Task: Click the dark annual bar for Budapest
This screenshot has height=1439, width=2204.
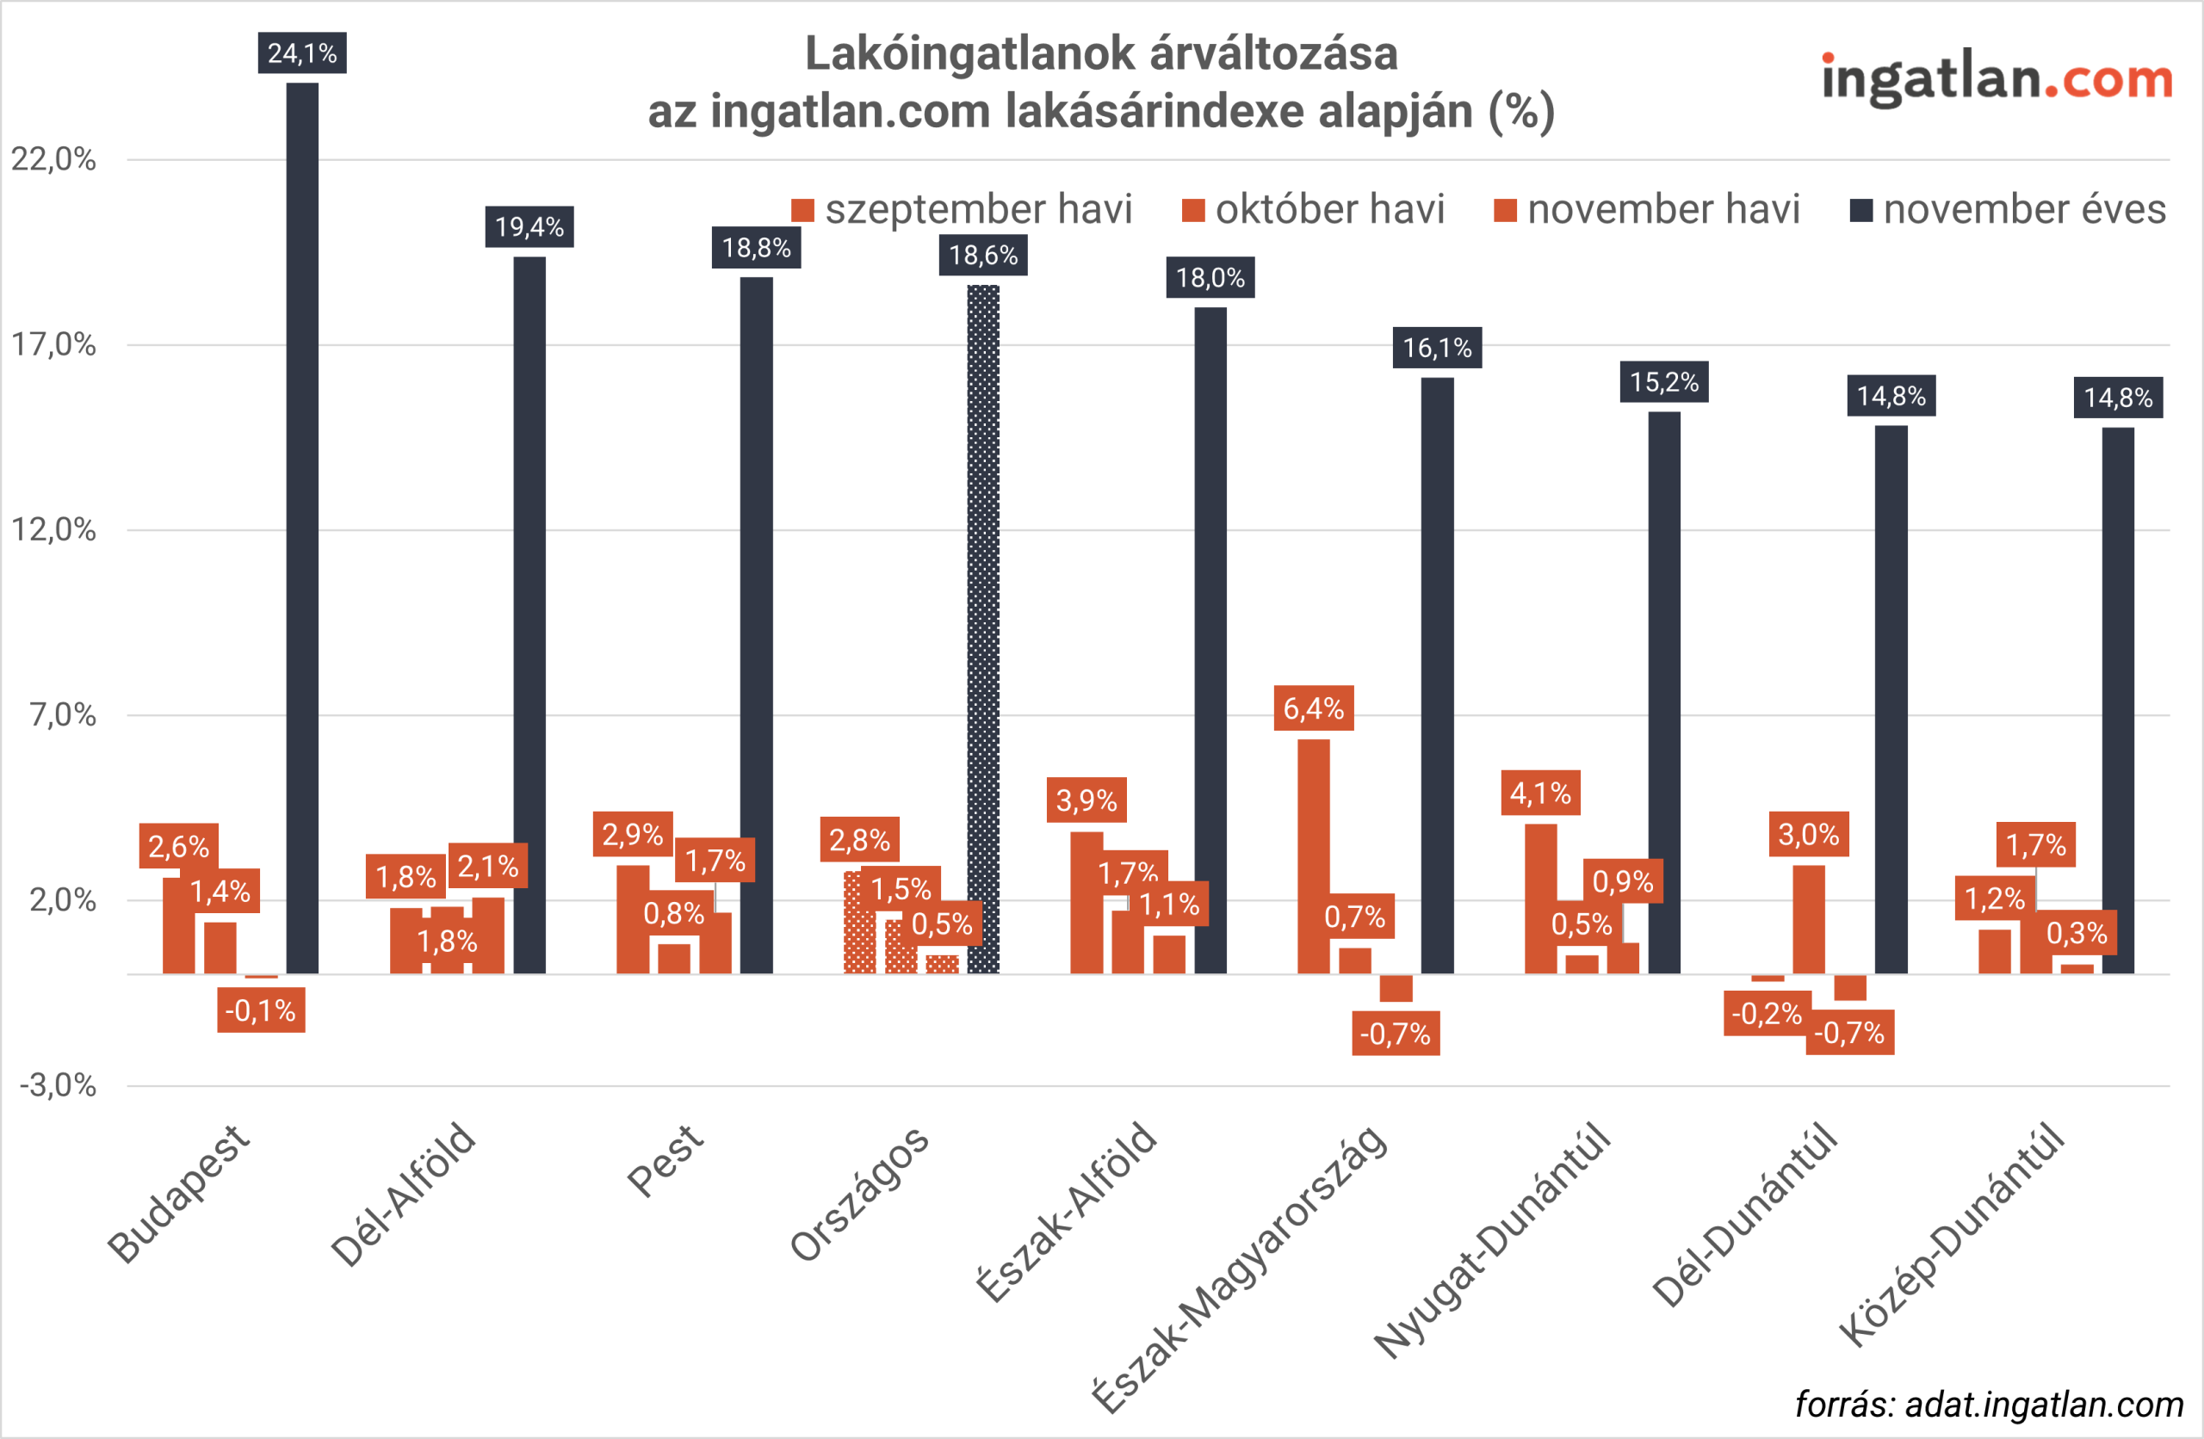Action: click(x=302, y=528)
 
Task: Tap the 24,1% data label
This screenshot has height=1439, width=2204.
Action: click(x=302, y=52)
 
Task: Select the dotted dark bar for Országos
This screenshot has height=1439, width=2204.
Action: click(x=982, y=630)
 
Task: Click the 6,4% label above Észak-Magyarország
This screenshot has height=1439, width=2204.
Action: click(x=1313, y=708)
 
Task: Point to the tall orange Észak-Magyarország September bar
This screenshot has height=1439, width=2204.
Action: click(x=1313, y=856)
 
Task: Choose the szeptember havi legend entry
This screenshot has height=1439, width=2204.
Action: click(x=963, y=209)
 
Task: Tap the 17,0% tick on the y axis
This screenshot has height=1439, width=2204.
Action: click(x=53, y=344)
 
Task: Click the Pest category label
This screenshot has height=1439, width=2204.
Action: click(x=665, y=1162)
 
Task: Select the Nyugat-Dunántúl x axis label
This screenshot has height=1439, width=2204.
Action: click(x=1493, y=1241)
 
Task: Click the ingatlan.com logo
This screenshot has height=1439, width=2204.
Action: click(x=1997, y=77)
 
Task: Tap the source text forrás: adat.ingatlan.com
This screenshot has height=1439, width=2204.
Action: click(x=1988, y=1405)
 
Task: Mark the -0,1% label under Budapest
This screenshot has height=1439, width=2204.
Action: click(x=260, y=1010)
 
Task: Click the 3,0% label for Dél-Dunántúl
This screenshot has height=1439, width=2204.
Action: click(x=1808, y=834)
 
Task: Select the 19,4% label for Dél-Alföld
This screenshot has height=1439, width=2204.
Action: click(x=529, y=227)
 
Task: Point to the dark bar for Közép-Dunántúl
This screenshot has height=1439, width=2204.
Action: click(x=2117, y=700)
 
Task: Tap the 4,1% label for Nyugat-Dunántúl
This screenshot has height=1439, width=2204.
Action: click(x=1540, y=793)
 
